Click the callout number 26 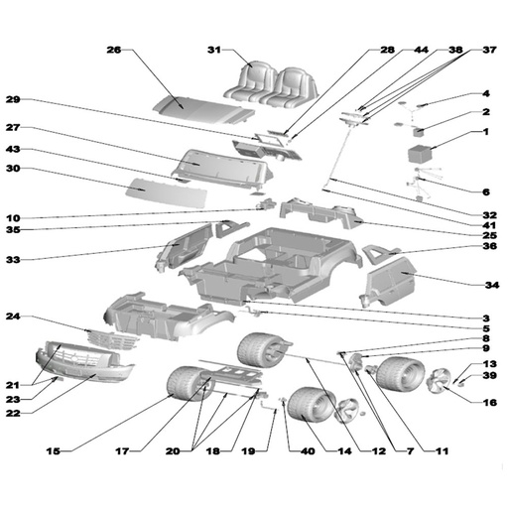click(114, 50)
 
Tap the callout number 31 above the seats click(213, 50)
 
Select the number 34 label click(492, 285)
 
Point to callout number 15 click(53, 451)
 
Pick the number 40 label click(308, 451)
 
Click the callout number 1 click(486, 132)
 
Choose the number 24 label click(13, 317)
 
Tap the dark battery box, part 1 click(420, 154)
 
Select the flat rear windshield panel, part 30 click(166, 192)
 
